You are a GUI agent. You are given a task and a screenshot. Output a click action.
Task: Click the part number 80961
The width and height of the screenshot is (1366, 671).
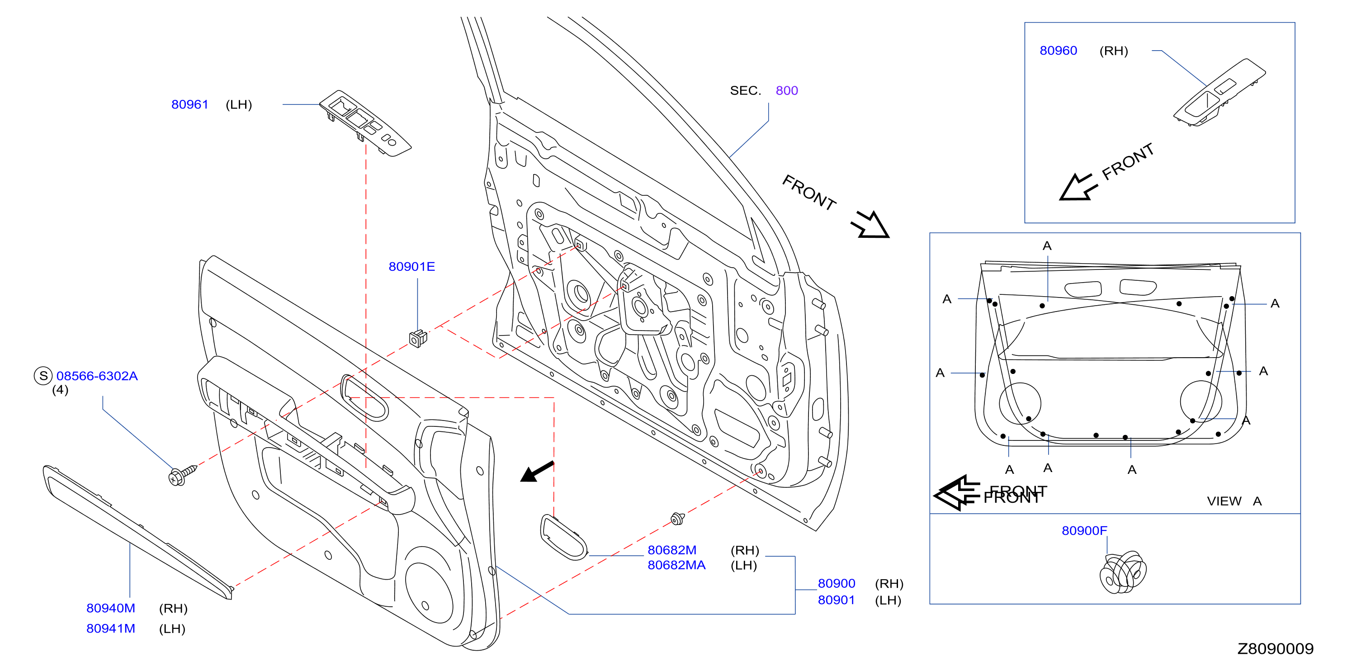click(189, 104)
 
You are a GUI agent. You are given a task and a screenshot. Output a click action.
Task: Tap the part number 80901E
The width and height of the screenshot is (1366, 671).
click(411, 266)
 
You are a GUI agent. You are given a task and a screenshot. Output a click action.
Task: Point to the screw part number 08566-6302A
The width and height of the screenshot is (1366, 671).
click(97, 376)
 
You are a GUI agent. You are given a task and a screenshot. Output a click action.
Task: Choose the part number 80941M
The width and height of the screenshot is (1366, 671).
click(111, 628)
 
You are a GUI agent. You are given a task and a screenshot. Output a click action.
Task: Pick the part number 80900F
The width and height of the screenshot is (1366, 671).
click(1084, 530)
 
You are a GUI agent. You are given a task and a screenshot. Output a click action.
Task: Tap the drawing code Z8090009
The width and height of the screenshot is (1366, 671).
click(1275, 648)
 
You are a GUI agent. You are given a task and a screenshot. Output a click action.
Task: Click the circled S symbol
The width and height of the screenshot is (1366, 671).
click(43, 376)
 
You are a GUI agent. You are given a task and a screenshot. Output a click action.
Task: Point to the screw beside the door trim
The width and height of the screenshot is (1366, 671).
click(182, 475)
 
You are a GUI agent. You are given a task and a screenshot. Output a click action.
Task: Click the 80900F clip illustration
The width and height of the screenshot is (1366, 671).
click(1123, 572)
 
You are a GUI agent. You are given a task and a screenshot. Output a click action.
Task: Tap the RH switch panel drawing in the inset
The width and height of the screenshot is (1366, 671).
click(1219, 93)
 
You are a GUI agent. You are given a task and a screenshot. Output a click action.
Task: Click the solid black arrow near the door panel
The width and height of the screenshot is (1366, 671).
click(537, 472)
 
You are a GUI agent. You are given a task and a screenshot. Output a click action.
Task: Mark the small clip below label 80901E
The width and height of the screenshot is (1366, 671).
click(418, 338)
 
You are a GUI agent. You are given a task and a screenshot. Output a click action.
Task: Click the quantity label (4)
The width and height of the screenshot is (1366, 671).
click(60, 390)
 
